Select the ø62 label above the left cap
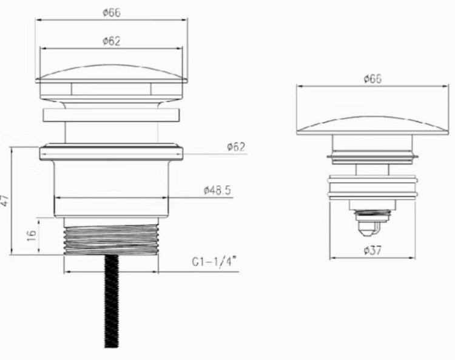point(111,41)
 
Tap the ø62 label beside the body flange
point(235,146)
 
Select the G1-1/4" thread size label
point(214,262)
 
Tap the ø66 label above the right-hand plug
point(372,79)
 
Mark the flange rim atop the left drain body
point(111,152)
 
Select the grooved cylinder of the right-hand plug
point(372,189)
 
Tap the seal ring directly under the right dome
point(372,158)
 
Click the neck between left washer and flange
point(111,133)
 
